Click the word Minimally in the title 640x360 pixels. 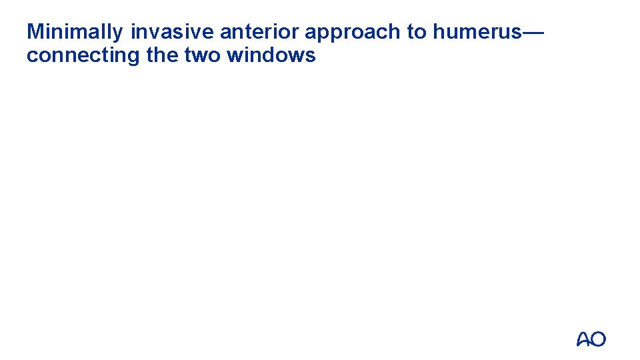coord(75,32)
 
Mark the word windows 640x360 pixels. coord(271,55)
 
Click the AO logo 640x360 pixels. coord(591,339)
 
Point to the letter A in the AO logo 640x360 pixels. coord(583,339)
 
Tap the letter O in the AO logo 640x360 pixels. coord(599,339)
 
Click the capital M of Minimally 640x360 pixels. coord(35,32)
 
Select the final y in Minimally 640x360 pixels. coord(118,33)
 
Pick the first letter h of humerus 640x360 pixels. coord(437,32)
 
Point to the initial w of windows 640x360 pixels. coord(235,55)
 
